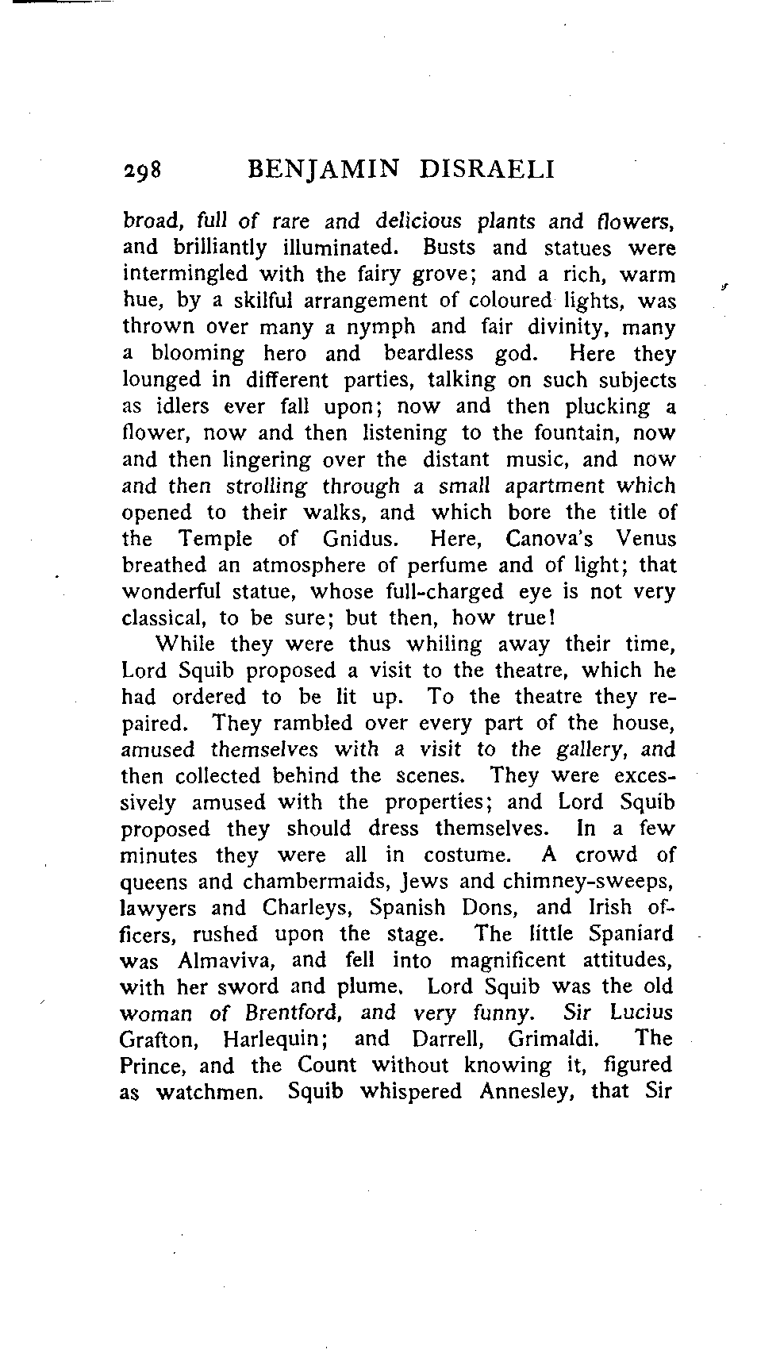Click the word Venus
click(646, 539)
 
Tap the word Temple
click(215, 539)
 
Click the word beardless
click(428, 354)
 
